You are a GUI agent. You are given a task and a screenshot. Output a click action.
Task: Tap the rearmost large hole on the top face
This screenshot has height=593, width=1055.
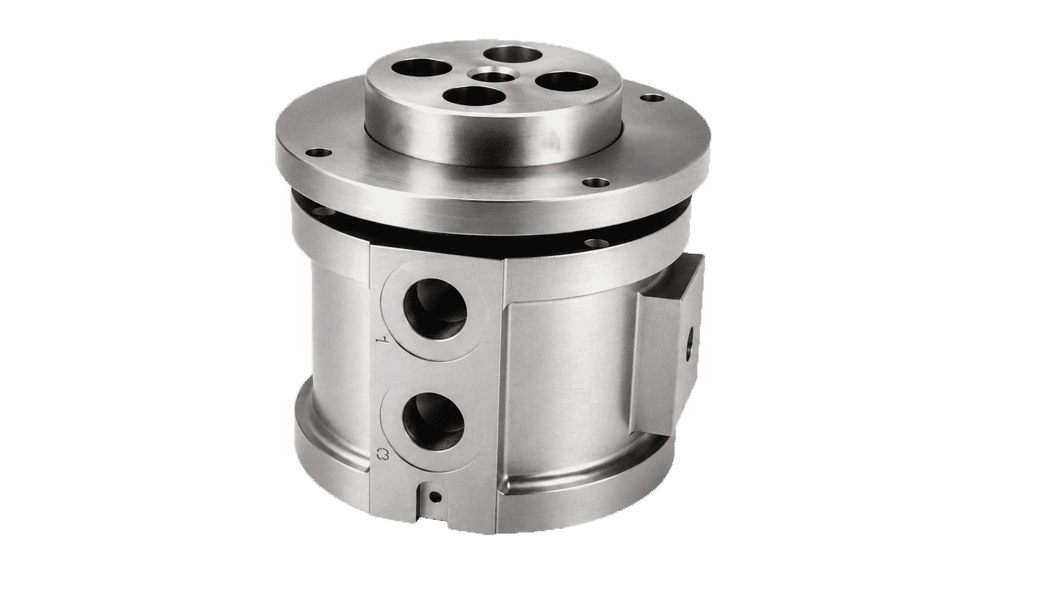[x=513, y=54]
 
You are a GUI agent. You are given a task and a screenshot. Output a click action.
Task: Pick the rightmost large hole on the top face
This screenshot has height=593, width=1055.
[x=562, y=82]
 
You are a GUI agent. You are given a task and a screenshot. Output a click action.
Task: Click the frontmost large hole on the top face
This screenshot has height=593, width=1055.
[x=473, y=98]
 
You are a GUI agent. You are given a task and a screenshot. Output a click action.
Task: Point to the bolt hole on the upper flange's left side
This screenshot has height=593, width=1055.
[x=318, y=153]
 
